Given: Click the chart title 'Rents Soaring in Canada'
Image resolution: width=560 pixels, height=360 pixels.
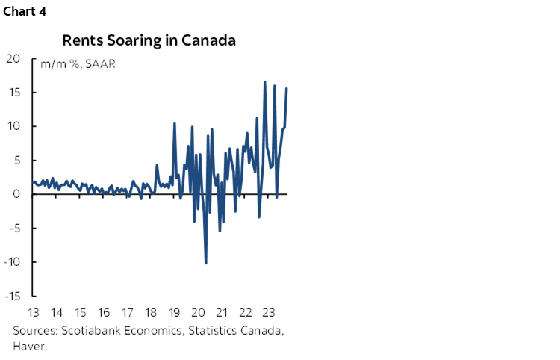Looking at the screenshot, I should (149, 40).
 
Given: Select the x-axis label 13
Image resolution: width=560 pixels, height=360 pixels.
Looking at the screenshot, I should (33, 313).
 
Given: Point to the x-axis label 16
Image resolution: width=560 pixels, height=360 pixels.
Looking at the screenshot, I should (104, 313).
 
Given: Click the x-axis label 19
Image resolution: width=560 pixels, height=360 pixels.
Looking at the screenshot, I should (175, 313).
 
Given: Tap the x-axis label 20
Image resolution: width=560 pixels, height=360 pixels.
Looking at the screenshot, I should (199, 313).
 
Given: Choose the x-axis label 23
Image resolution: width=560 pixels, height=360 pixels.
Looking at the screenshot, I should (270, 313).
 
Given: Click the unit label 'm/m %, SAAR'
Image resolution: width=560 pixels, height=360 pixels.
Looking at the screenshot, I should (73, 63).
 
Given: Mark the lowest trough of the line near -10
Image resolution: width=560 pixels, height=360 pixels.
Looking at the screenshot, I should (206, 263).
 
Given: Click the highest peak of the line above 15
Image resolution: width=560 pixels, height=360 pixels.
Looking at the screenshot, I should (265, 82).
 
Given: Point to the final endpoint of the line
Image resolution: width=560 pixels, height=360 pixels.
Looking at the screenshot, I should (287, 89).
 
